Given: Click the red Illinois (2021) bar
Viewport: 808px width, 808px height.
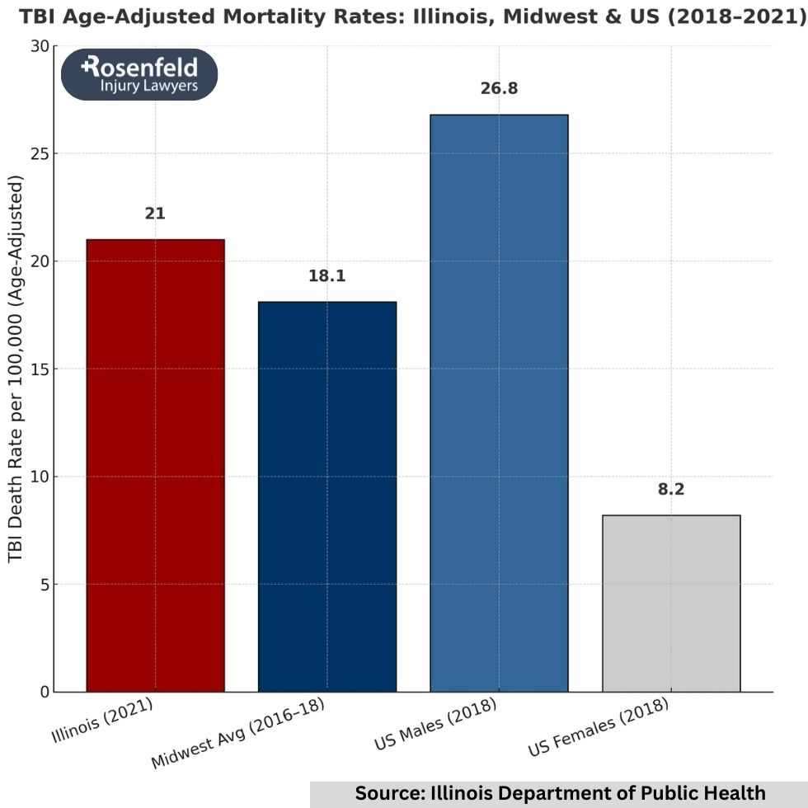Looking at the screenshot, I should pos(155,465).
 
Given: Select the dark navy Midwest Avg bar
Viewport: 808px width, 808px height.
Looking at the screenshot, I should pos(327,496).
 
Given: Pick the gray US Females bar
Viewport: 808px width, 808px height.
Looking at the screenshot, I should pos(671,603).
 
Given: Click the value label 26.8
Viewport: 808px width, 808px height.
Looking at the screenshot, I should pos(499,88).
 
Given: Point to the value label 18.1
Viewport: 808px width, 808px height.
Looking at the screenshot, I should pos(327,276).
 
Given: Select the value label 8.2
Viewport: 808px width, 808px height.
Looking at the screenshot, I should pos(671,489).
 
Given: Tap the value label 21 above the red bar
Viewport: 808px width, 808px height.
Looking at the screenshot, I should pos(155,214).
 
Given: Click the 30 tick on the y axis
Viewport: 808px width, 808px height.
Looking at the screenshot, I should pos(40,46).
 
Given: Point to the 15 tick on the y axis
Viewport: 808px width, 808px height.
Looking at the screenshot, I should pos(40,369).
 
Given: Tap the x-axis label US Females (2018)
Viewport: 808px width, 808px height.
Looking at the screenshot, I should pos(599,727).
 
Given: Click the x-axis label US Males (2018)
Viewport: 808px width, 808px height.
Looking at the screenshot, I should pos(435,724).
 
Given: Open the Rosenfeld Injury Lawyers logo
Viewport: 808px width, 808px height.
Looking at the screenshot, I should pos(139,74).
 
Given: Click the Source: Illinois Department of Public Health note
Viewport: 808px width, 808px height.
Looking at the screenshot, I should pos(560,793).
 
